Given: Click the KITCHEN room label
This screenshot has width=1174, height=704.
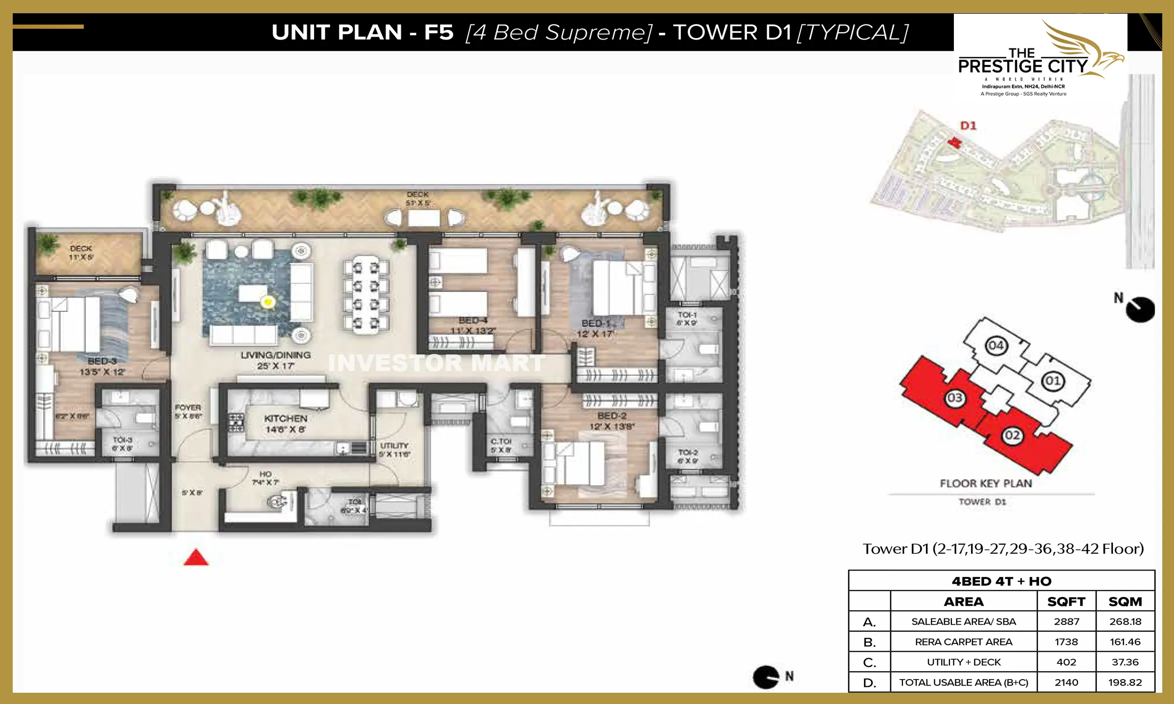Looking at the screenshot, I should pos(286,419).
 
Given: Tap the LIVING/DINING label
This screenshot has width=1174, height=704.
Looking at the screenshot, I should pos(275,355).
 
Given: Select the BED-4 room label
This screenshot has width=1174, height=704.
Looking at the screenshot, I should pos(473,321).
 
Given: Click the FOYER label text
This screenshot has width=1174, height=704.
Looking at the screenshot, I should pos(188,407).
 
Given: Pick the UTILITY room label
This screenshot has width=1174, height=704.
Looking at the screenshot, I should pos(394,446).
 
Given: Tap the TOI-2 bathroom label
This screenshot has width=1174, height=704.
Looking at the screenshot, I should pos(688,452).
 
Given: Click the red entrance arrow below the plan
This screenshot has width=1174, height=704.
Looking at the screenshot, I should pos(196,558).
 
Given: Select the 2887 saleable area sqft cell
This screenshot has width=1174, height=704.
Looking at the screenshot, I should pos(1066,621).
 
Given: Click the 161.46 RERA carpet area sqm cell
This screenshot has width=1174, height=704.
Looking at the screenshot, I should pos(1125,642).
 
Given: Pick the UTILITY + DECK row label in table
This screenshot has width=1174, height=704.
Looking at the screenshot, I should pos(964,662).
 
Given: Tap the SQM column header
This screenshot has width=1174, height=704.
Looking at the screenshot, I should pos(1125,601).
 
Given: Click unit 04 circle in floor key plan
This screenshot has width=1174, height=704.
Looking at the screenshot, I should pos(996,346).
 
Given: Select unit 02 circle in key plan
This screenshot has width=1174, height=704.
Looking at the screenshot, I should pos(1012,436).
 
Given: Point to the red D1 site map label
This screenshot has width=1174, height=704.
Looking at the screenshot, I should pos(968,126).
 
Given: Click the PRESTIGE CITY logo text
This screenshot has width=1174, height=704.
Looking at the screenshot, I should pos(1022,66).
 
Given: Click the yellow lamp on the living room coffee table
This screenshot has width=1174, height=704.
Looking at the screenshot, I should pos(268,302).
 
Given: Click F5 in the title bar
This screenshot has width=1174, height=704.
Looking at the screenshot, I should pos(439,32).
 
